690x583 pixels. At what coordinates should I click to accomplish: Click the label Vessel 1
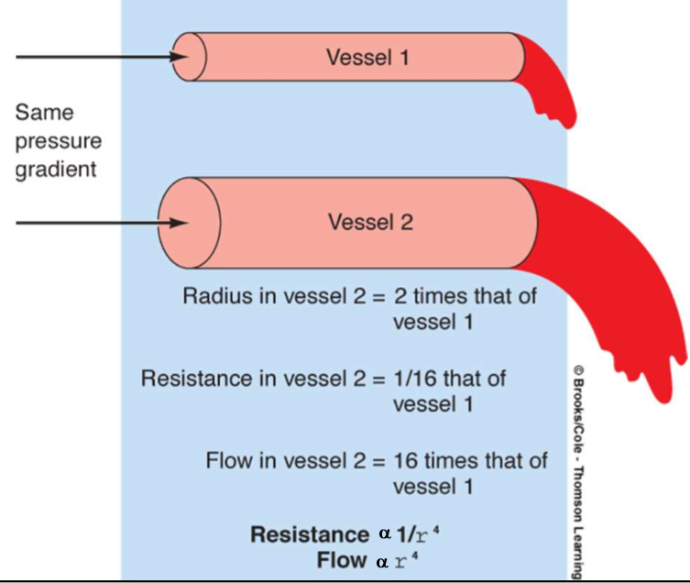pos(367,58)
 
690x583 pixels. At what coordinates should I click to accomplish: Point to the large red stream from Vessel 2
pos(623,293)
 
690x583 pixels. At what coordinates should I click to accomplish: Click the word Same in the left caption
pos(44,113)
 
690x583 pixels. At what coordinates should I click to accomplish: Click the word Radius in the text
pos(214,297)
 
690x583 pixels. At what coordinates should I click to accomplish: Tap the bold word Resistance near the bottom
pos(308,534)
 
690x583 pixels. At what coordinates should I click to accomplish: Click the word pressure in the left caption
pos(58,142)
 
